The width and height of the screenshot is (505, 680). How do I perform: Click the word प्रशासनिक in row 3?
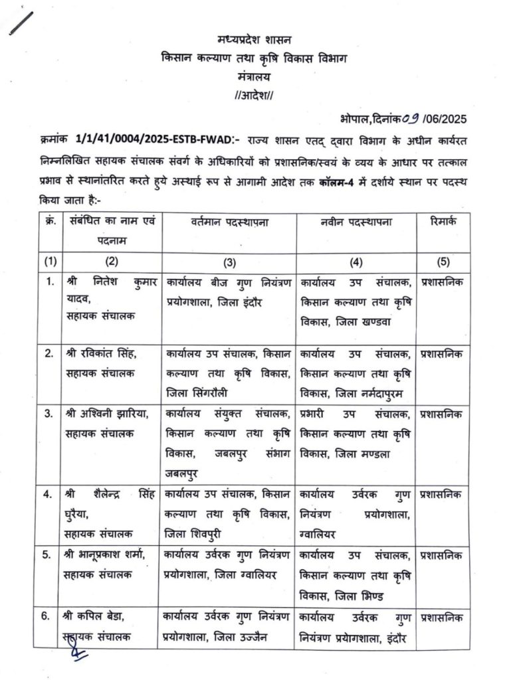tap(444, 414)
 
